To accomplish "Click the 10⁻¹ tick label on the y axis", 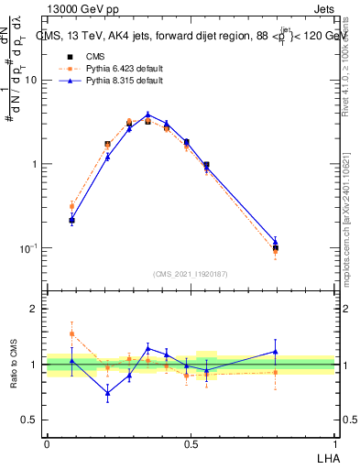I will click(31, 248).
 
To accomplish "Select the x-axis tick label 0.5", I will click(190, 443).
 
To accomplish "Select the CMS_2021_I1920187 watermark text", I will click(191, 273).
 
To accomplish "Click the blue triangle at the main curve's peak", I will click(147, 115).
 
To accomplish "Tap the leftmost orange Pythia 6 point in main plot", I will click(72, 206).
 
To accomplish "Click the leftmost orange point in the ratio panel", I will click(72, 333).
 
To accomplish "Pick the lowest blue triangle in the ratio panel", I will click(107, 393).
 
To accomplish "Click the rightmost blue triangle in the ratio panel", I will click(276, 352).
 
